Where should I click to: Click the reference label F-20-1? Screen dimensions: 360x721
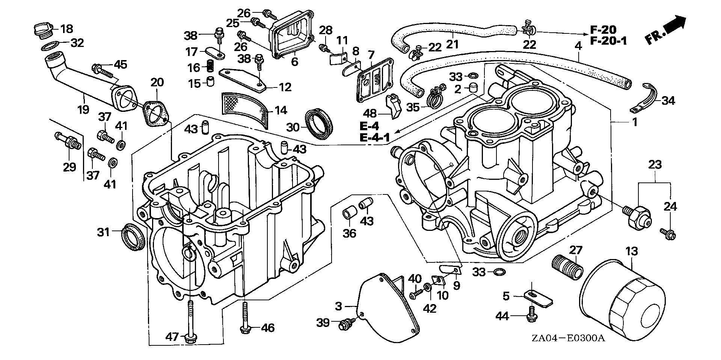point(608,41)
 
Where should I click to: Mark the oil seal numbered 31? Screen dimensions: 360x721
point(133,236)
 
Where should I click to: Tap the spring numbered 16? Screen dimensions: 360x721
point(213,67)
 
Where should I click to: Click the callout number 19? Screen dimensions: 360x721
point(83,109)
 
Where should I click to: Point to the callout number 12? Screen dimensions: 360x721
point(285,87)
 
